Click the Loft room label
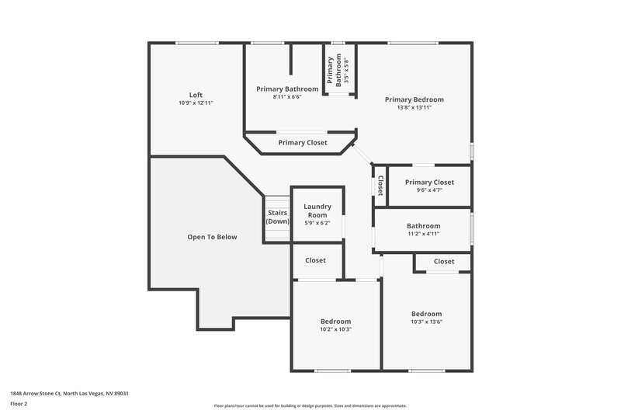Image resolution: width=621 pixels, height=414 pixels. coord(196,95)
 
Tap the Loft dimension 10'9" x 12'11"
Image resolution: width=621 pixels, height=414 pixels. coord(196,103)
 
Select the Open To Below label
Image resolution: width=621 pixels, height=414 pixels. coord(212,237)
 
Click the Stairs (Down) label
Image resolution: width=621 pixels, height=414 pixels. coord(278,217)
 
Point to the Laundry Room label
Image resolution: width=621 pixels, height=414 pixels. coord(317,210)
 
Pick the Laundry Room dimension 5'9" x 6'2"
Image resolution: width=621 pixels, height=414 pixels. coord(317,223)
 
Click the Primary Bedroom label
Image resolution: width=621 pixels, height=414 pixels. coord(414,99)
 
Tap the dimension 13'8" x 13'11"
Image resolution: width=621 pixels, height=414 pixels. coord(414,108)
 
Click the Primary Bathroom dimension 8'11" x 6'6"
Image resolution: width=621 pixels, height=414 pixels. coord(286,97)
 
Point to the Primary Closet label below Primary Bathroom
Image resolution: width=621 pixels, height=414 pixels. coord(303,143)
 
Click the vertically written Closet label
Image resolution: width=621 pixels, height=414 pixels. coord(380,185)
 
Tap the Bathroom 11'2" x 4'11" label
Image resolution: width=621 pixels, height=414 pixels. coord(423,226)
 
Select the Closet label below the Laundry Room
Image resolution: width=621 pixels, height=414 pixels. coord(315,260)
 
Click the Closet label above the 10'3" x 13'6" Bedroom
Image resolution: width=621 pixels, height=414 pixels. coord(444,262)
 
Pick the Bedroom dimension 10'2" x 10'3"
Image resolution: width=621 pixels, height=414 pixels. coord(335,329)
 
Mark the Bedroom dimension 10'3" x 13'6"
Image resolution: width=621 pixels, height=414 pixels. coord(426,322)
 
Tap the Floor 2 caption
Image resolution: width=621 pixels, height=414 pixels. coord(19,404)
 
